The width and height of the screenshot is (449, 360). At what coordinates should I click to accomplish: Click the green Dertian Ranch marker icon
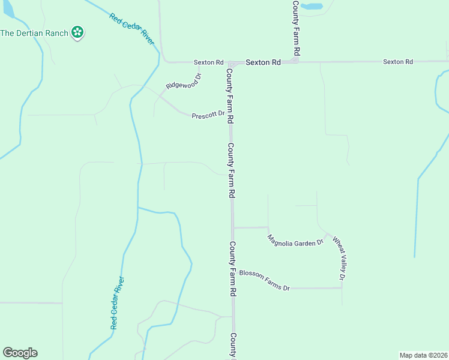coord(77,32)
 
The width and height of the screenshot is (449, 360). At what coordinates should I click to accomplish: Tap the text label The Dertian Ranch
coord(34,32)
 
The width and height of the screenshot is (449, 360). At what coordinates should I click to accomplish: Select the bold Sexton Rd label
coord(263,62)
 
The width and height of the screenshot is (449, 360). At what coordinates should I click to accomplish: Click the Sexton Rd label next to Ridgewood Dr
coord(208,62)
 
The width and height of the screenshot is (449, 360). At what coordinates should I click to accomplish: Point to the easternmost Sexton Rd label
coord(398,61)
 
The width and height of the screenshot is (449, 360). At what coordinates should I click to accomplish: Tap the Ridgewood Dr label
coord(184,81)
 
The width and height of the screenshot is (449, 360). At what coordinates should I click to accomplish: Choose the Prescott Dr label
coord(208,115)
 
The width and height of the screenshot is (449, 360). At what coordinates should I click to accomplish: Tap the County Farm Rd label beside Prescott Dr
coord(229,96)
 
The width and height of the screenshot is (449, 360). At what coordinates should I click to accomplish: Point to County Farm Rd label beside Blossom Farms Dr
coord(232,269)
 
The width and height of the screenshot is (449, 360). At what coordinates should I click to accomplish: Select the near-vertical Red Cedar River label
coord(118,302)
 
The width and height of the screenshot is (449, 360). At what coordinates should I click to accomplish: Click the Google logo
coord(20,353)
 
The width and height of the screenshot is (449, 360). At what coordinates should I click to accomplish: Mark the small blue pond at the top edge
coord(311,7)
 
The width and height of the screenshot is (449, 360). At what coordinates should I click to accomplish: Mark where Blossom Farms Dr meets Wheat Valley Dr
coord(342,288)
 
